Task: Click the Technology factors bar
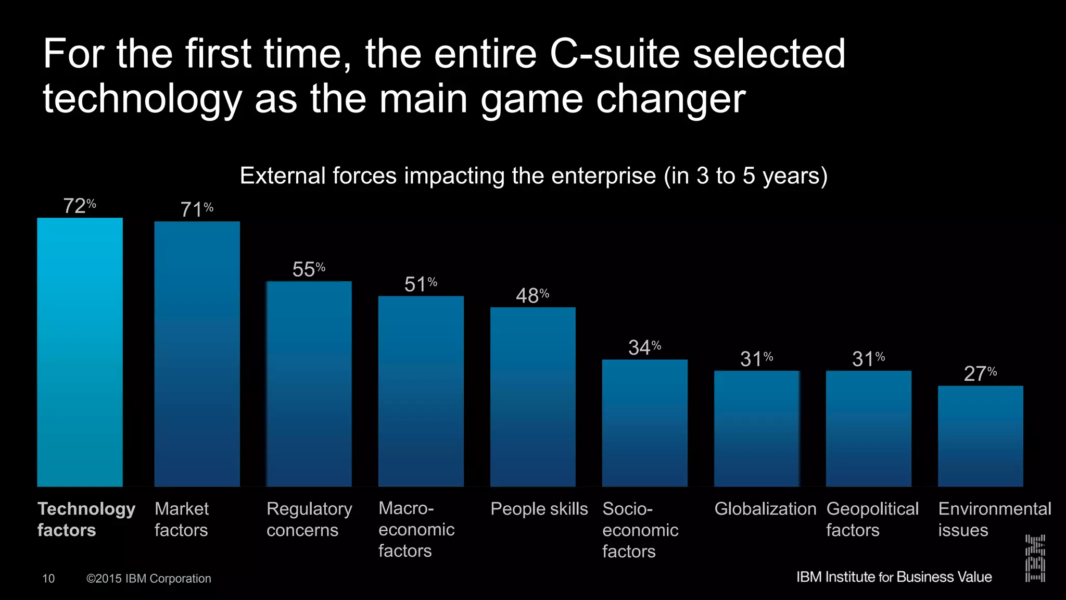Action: click(x=80, y=352)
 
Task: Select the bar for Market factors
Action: click(x=197, y=354)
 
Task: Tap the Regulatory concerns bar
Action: click(x=309, y=384)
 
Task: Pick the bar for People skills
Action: click(x=532, y=397)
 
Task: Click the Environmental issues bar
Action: click(x=980, y=436)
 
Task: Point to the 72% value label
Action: click(x=80, y=206)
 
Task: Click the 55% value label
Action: click(x=309, y=269)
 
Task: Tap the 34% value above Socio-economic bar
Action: click(x=644, y=347)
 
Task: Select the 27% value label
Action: click(x=980, y=373)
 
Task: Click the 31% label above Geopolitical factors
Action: click(x=868, y=359)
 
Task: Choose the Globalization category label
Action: click(x=765, y=508)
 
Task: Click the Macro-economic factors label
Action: click(x=416, y=529)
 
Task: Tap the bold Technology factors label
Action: click(x=86, y=519)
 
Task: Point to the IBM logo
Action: click(x=1035, y=558)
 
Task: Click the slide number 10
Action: click(x=48, y=579)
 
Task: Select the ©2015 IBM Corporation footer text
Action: click(x=148, y=579)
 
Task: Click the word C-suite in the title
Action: click(x=615, y=54)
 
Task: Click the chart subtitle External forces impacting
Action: click(x=533, y=176)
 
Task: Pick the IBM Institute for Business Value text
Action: click(x=894, y=577)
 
